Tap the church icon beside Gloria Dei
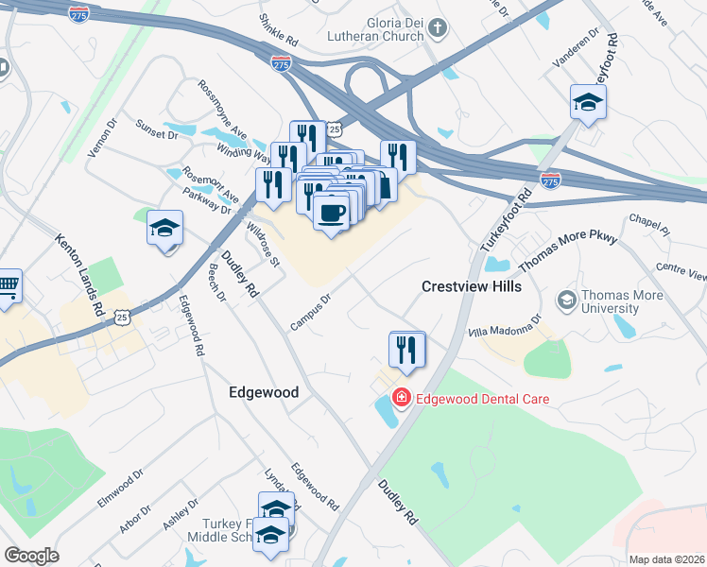[437, 29]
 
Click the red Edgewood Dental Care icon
[402, 398]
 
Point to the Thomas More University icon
[567, 301]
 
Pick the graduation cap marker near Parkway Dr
[164, 229]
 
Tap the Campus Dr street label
[310, 313]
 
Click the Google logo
[31, 556]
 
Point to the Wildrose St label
[262, 243]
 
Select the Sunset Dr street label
[157, 129]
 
